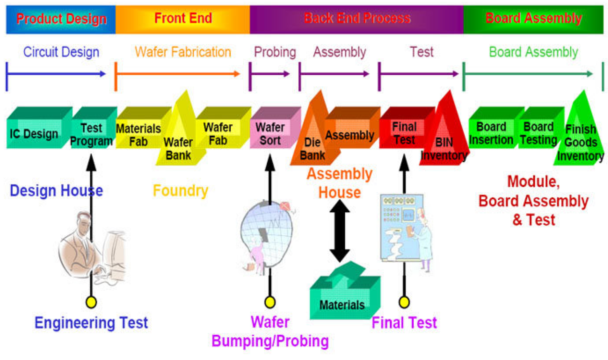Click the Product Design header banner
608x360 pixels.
click(61, 19)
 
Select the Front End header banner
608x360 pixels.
click(183, 19)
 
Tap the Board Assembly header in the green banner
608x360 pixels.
click(533, 19)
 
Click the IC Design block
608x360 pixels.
click(34, 134)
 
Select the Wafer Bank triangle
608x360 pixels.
click(178, 145)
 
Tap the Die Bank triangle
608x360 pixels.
click(311, 145)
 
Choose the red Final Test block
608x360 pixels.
click(404, 133)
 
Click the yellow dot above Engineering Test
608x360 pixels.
click(91, 302)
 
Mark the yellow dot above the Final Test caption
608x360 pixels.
click(404, 302)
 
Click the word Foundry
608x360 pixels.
click(180, 191)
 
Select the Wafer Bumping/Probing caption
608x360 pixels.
click(270, 331)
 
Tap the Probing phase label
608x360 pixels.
click(275, 52)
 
